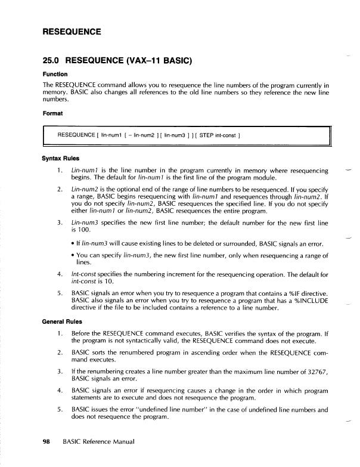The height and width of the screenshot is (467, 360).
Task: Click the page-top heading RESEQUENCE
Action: [71, 31]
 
